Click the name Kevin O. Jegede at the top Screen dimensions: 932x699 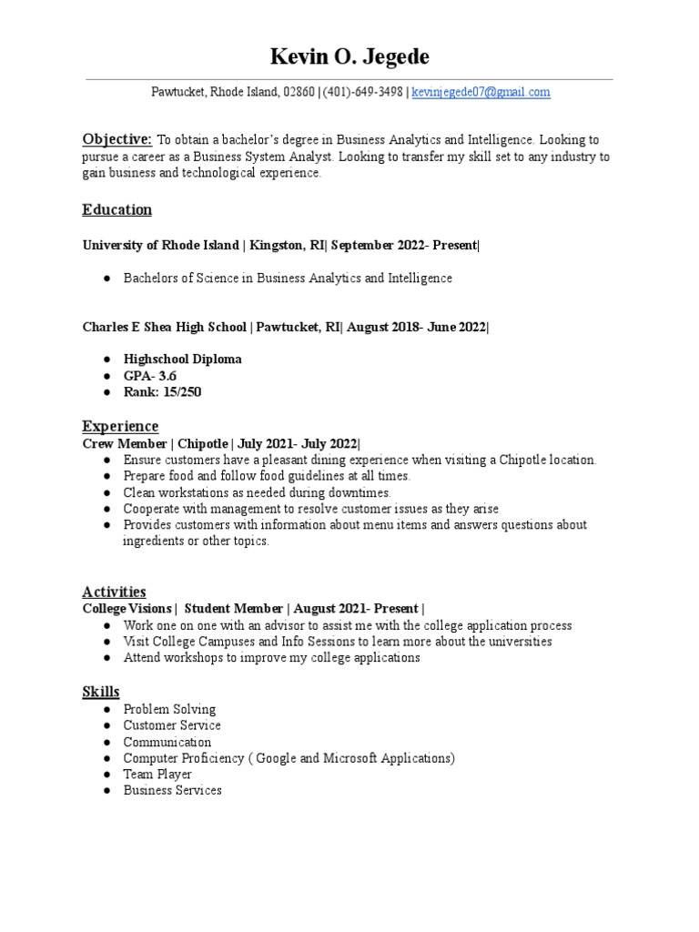349,57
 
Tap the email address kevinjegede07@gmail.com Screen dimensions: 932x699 481,92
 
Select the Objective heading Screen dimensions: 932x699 116,139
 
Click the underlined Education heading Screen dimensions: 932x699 116,210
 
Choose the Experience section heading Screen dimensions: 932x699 120,426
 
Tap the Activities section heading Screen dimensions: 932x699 114,592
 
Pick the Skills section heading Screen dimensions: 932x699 100,693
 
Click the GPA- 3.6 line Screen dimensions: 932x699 151,376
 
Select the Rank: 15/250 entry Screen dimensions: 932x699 162,392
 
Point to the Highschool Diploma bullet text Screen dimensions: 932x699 182,360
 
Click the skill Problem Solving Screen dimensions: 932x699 169,709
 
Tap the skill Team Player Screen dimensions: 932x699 157,775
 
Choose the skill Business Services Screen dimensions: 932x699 172,791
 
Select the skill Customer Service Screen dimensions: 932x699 172,725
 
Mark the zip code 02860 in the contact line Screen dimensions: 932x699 299,92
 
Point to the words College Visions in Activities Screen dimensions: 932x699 127,608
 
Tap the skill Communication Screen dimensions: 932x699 167,742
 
